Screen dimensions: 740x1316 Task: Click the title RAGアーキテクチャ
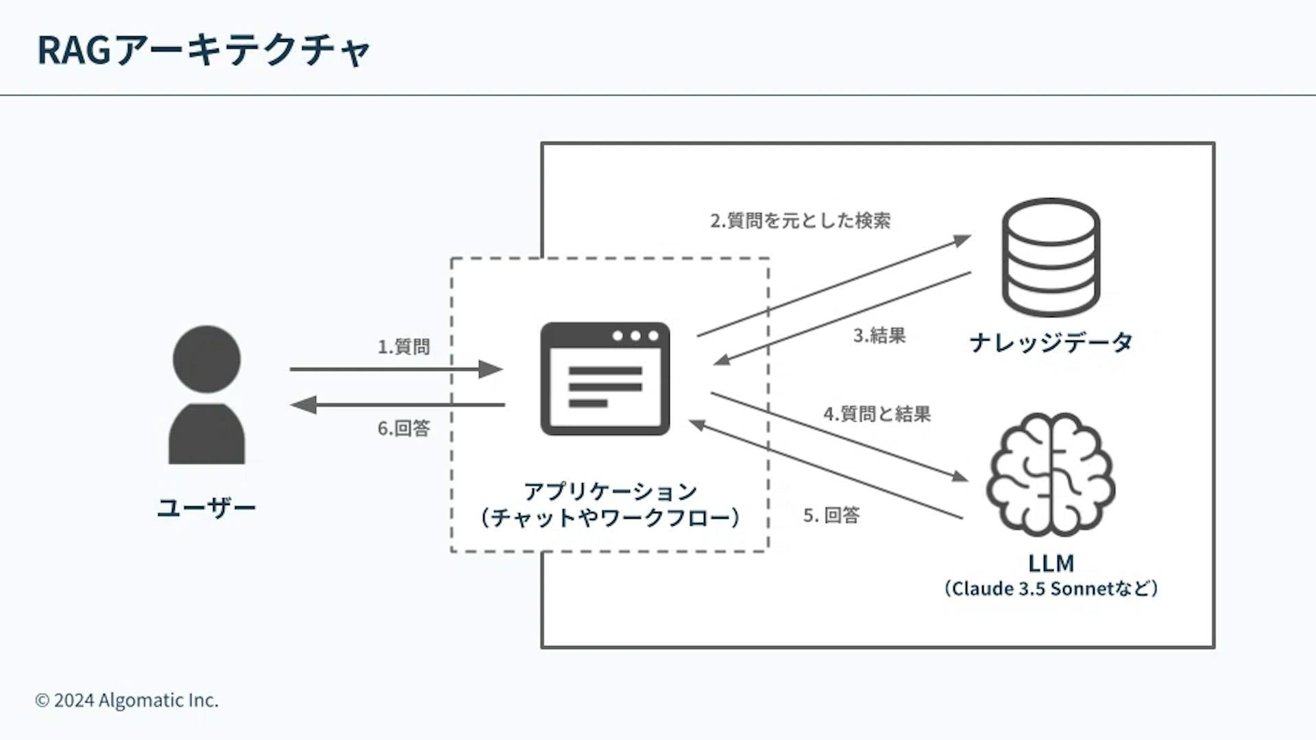tap(204, 50)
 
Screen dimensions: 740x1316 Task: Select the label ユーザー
tap(206, 508)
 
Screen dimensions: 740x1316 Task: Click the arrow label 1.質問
tap(404, 347)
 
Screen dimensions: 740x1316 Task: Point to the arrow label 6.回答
tap(404, 428)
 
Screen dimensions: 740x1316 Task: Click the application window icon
tap(605, 379)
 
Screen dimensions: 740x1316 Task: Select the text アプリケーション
tap(610, 491)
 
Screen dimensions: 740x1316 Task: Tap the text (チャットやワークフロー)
tap(610, 517)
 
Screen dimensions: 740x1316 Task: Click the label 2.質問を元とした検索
tap(800, 221)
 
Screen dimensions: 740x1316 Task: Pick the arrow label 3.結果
tap(879, 335)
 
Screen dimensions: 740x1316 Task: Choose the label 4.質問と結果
tap(877, 414)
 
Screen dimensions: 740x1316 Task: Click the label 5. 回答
tap(831, 515)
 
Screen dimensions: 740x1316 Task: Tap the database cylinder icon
tap(1051, 257)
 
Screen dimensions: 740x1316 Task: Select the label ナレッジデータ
tap(1051, 342)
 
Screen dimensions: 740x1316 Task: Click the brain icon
tap(1050, 474)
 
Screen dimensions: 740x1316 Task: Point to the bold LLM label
tap(1051, 563)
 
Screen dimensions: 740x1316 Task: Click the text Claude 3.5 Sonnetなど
tap(1051, 589)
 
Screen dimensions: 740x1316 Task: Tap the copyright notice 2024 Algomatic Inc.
tap(127, 700)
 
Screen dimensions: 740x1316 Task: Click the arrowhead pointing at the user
tap(302, 405)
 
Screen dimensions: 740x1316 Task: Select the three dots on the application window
tap(635, 336)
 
